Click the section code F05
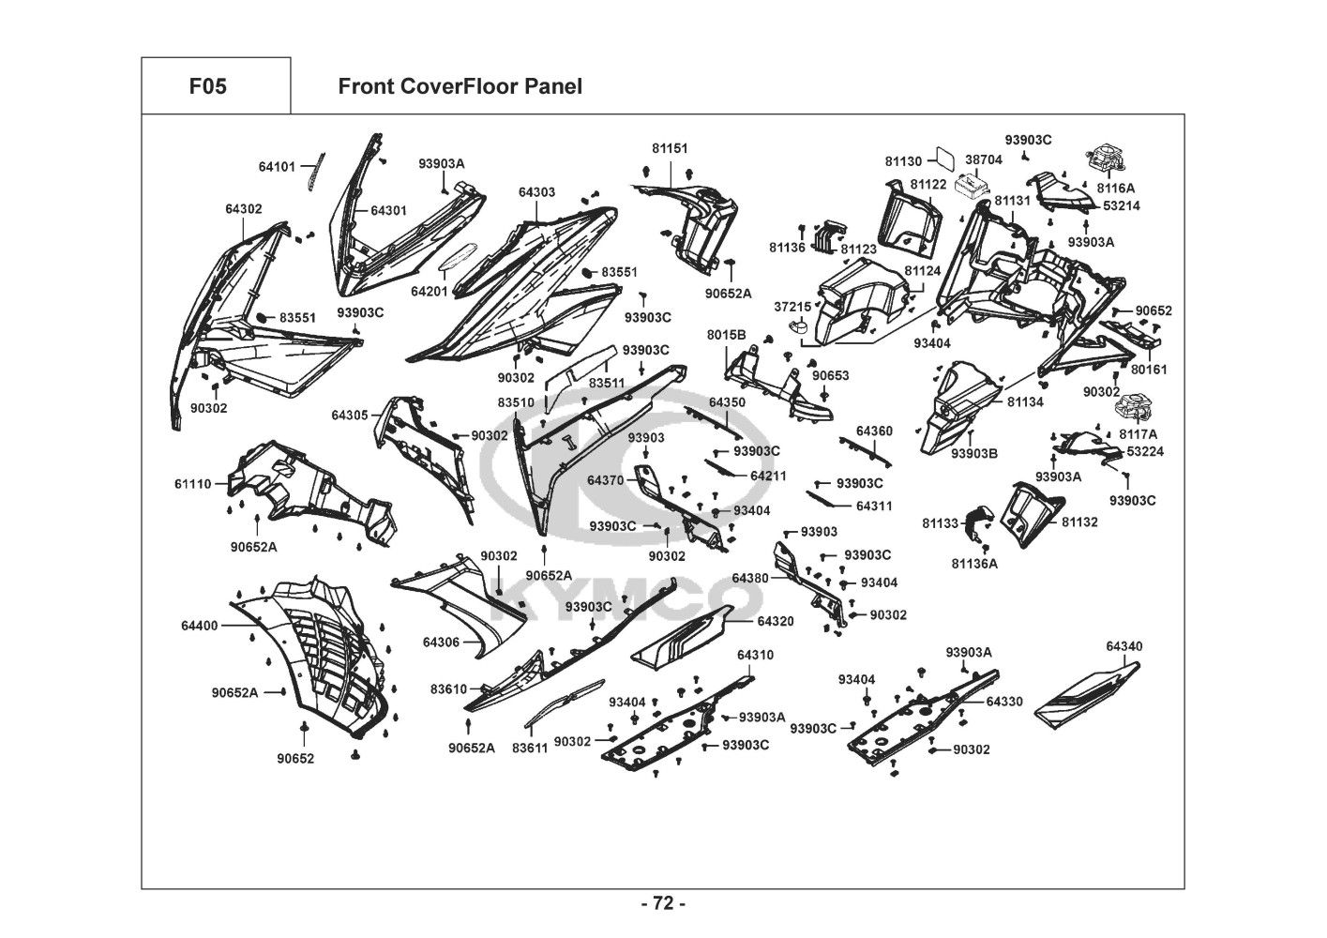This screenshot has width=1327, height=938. pos(207,86)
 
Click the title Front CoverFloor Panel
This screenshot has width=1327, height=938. pos(460,86)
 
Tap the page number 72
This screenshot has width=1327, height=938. pos(663,904)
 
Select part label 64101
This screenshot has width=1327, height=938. pos(277,167)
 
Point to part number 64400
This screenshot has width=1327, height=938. pos(200,625)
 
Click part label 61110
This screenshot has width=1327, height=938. pos(192,484)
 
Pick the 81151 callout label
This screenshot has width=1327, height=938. pos(670,148)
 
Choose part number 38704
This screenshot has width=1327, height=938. pos(983,159)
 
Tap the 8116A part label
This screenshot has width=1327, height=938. pos(1115,188)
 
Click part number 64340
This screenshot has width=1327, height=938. pos(1123,646)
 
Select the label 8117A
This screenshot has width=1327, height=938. pos(1138,434)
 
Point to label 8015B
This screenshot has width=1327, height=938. pos(726,335)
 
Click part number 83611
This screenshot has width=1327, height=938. pos(530,748)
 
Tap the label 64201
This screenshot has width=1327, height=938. pos(430,291)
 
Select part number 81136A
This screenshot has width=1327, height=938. pos(974,564)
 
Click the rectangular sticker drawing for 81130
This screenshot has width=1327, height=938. pos(947,159)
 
